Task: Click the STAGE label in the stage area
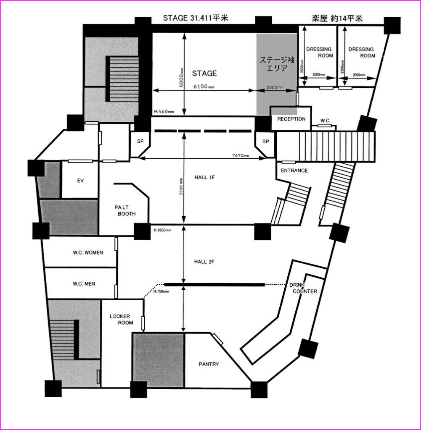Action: point(204,73)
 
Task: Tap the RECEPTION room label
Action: point(291,119)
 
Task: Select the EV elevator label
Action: point(80,181)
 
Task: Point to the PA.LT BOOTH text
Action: point(125,211)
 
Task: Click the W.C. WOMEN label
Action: point(88,252)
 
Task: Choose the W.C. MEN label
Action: point(84,284)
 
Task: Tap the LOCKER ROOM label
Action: point(122,320)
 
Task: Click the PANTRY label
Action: point(209,364)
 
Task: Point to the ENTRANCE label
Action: point(294,170)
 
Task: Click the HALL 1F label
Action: point(204,178)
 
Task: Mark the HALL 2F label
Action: point(204,262)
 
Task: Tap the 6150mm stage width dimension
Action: point(204,87)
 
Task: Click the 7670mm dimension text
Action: point(241,155)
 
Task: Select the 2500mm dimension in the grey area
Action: point(275,87)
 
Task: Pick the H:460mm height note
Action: point(164,112)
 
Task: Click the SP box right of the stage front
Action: point(265,142)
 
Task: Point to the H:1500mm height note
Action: point(162,230)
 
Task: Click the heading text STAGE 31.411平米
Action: point(196,18)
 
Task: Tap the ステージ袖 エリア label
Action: point(277,64)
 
